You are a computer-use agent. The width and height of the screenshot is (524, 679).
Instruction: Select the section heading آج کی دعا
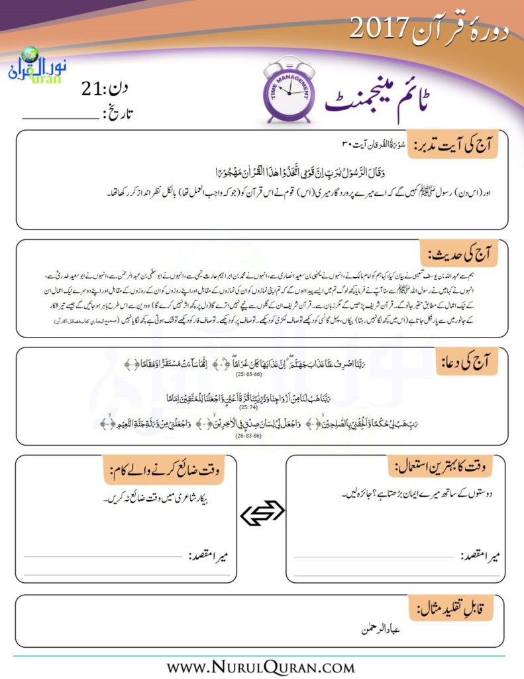[473, 363]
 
